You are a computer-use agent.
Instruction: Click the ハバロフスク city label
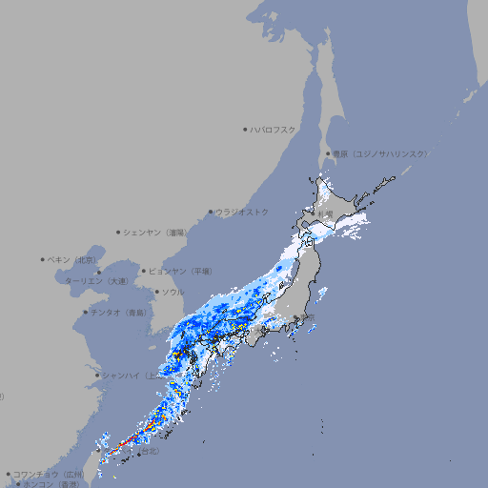tap(274, 129)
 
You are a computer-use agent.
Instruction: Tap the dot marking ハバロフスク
tap(245, 129)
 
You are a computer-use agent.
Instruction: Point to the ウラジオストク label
tap(242, 212)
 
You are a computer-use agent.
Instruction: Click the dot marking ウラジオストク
tap(211, 213)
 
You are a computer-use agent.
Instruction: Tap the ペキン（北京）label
tap(72, 259)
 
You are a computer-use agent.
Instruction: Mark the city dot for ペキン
tap(43, 259)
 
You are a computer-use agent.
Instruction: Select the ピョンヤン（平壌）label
tap(180, 271)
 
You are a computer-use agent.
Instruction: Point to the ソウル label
tap(173, 292)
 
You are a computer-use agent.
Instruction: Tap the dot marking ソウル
tap(155, 292)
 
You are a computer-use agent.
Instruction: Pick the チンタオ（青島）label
tap(119, 312)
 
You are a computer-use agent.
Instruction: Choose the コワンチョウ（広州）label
tap(48, 474)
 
